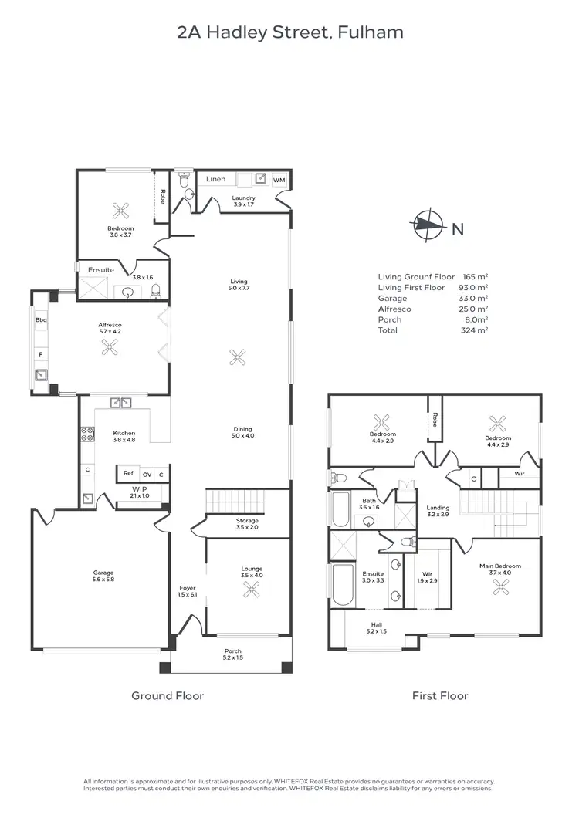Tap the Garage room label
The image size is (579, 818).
(x=103, y=573)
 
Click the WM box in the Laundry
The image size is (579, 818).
(x=279, y=180)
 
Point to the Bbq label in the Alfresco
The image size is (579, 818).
(x=40, y=319)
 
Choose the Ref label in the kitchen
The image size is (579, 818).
(x=128, y=474)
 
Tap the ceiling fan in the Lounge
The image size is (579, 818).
(x=251, y=590)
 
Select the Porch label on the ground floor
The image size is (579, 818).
(x=232, y=651)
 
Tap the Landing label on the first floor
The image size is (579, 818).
(x=438, y=508)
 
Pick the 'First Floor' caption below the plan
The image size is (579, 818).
(x=440, y=696)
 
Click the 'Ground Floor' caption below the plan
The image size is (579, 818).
(x=168, y=696)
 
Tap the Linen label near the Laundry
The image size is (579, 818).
(x=216, y=179)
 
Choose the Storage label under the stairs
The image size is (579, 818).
(x=248, y=521)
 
